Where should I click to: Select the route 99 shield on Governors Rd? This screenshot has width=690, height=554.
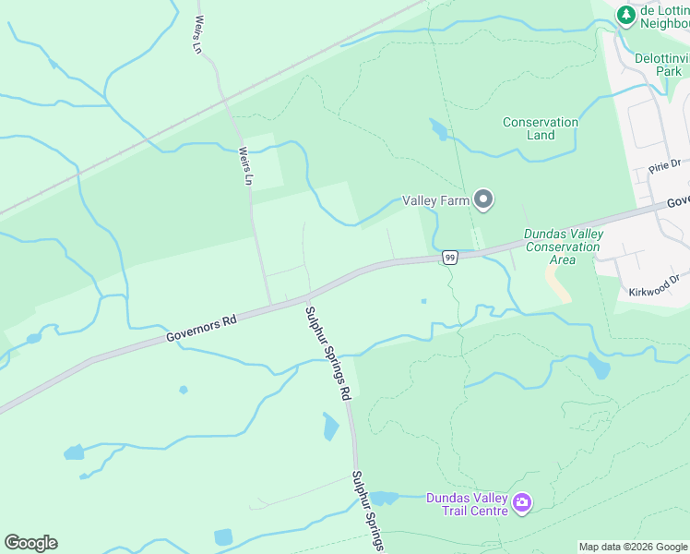click(x=449, y=258)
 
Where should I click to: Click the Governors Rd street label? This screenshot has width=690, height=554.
click(x=202, y=328)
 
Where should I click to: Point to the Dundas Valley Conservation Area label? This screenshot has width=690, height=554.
click(x=563, y=247)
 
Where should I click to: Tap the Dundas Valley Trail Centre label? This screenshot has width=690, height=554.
click(x=467, y=504)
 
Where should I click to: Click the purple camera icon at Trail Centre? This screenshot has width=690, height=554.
click(x=522, y=503)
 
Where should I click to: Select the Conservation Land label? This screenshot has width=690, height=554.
click(x=541, y=128)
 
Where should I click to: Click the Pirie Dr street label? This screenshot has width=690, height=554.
click(x=664, y=167)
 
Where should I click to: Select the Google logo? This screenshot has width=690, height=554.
click(x=30, y=543)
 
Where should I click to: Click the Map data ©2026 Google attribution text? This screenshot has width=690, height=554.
click(x=633, y=547)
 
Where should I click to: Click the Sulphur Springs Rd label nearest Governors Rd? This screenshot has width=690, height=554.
click(x=329, y=352)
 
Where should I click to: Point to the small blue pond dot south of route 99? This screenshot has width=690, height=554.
click(x=423, y=300)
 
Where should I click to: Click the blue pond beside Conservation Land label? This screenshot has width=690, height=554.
click(x=438, y=129)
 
